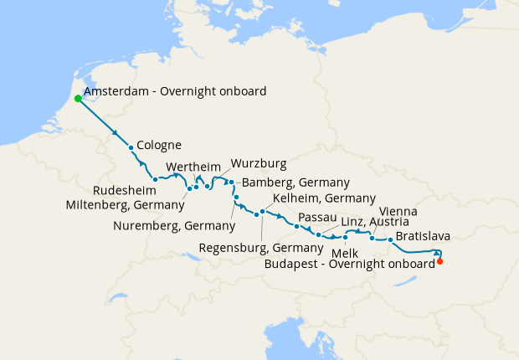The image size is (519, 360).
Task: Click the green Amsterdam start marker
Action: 78,98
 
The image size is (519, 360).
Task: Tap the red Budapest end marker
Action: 440,261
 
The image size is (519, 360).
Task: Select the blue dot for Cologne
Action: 131,148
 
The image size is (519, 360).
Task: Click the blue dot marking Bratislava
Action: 390,240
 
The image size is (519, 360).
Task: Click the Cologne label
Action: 158,144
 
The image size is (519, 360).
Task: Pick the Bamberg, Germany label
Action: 295,183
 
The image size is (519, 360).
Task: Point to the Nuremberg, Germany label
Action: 173,225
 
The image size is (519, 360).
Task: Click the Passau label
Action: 317,217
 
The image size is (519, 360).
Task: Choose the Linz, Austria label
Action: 375,222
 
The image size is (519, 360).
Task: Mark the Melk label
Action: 345,252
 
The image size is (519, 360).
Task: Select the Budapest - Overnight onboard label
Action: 349,263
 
